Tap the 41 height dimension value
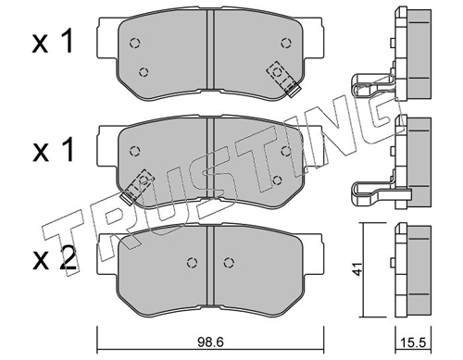point(357,268)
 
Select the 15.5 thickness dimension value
point(413,342)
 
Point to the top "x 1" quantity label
point(53,41)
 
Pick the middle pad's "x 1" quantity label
point(53,150)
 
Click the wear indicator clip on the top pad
point(283,79)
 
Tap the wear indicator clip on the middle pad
point(137,186)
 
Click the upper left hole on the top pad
point(134,43)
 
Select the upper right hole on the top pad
point(286,43)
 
